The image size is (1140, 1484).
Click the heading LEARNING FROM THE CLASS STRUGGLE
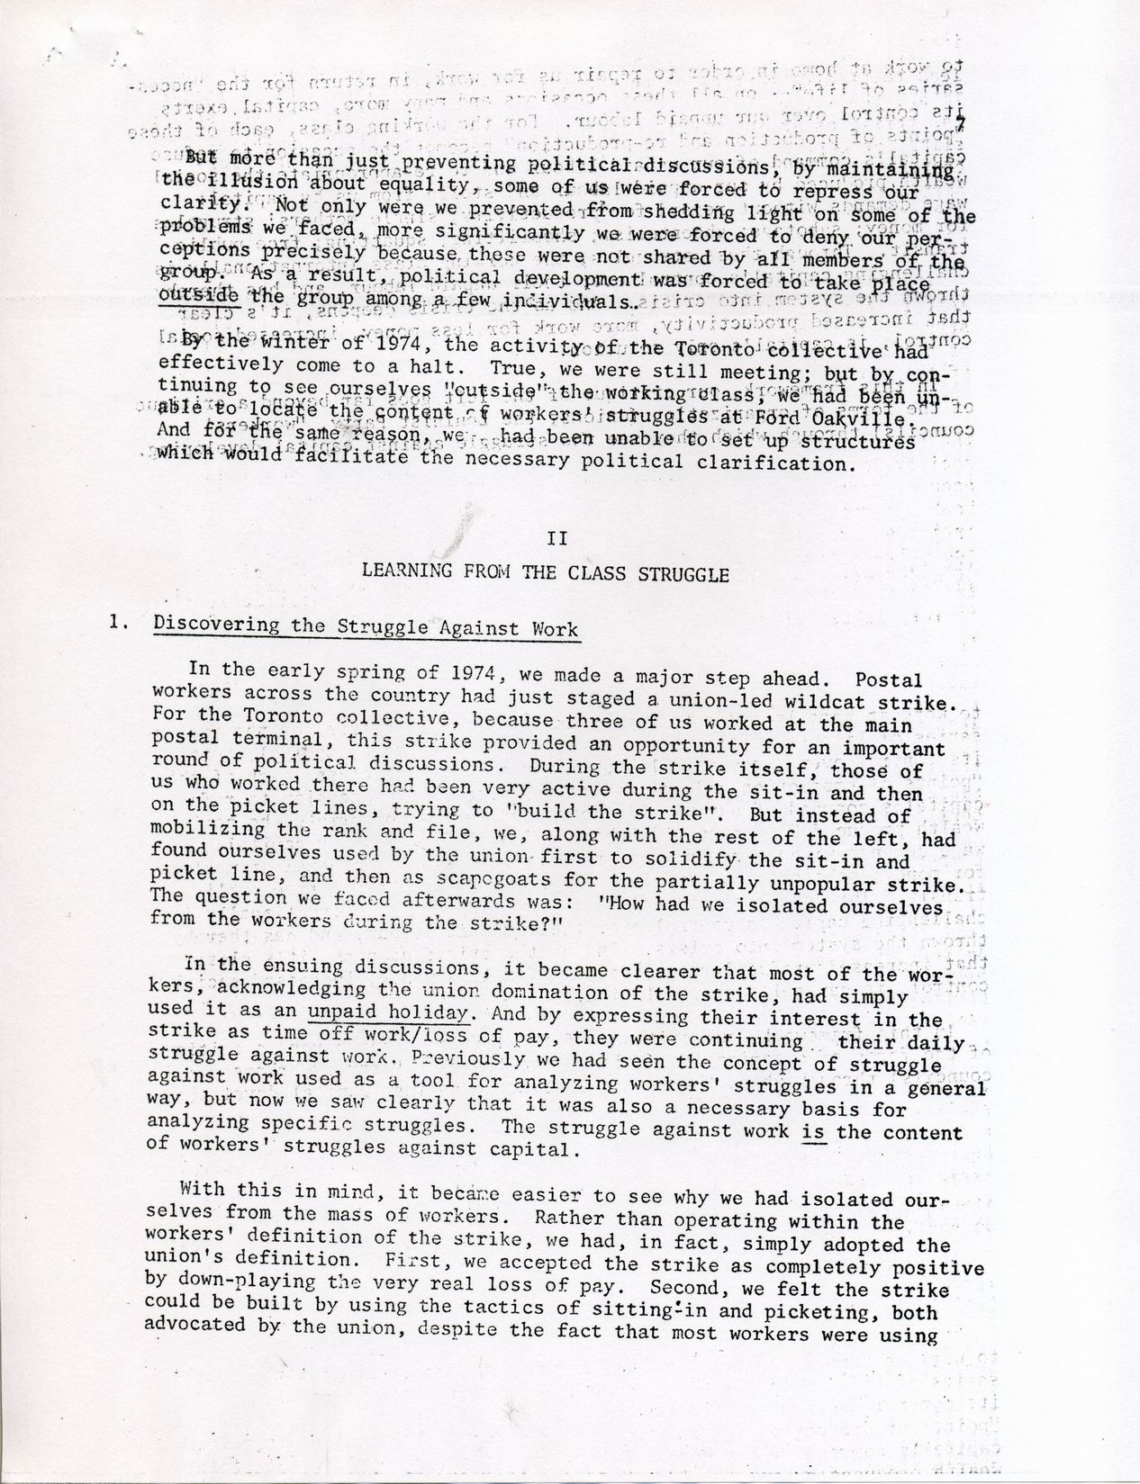pyautogui.click(x=545, y=573)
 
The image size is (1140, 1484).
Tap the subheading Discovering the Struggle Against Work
pyautogui.click(x=366, y=627)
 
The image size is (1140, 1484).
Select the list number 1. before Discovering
pyautogui.click(x=115, y=622)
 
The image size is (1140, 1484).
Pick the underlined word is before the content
pyautogui.click(x=814, y=1131)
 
